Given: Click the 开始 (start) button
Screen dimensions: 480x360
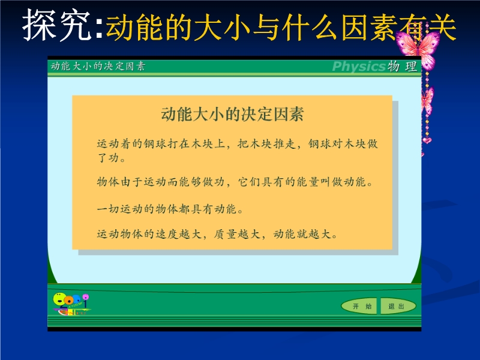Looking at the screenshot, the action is click(359, 306).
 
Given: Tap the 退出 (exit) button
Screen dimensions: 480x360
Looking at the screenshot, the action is click(398, 306).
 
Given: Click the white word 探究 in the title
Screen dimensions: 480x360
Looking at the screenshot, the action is click(57, 25).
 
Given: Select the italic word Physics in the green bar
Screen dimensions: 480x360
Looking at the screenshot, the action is click(358, 66).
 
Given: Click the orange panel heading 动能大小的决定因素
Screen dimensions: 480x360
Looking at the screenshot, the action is click(232, 114).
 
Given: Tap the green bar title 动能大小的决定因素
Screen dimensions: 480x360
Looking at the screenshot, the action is click(98, 66).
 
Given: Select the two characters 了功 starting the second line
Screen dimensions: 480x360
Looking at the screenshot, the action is click(108, 158).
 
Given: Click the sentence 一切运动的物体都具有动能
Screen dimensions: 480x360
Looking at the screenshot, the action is click(167, 209).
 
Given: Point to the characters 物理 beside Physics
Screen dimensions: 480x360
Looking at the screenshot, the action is click(402, 66).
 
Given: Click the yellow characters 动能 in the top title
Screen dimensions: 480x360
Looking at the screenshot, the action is click(134, 28).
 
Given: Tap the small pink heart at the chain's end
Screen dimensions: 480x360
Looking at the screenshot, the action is click(427, 140).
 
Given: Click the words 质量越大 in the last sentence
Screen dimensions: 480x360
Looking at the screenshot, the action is click(237, 234).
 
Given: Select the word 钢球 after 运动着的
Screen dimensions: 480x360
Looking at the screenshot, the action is click(155, 143).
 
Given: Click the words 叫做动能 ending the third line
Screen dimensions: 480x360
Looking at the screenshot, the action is click(343, 182).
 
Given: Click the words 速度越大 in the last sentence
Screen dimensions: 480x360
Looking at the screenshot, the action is click(178, 234).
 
